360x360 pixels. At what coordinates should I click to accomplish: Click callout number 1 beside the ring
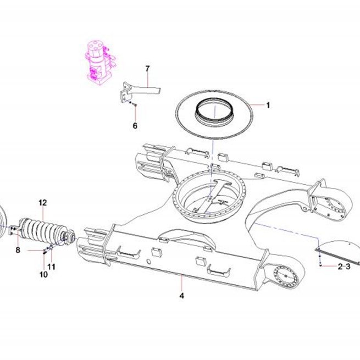tap(268, 106)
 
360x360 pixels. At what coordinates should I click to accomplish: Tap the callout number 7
tap(147, 68)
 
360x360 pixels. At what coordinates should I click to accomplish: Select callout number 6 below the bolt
tap(135, 125)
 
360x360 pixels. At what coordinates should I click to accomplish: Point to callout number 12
tap(43, 203)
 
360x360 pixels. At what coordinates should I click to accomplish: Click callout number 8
tap(18, 250)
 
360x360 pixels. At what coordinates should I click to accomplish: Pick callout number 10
tap(43, 274)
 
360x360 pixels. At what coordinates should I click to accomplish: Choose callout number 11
tap(52, 267)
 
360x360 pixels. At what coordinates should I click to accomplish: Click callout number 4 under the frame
tap(181, 296)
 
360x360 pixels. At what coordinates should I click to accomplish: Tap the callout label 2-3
tap(344, 267)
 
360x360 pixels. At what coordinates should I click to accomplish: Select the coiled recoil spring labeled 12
tap(46, 230)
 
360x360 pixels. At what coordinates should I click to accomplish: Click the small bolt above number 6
tap(135, 105)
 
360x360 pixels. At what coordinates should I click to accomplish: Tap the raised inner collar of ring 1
tap(213, 110)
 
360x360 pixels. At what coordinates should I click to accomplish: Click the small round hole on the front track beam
tap(148, 262)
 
